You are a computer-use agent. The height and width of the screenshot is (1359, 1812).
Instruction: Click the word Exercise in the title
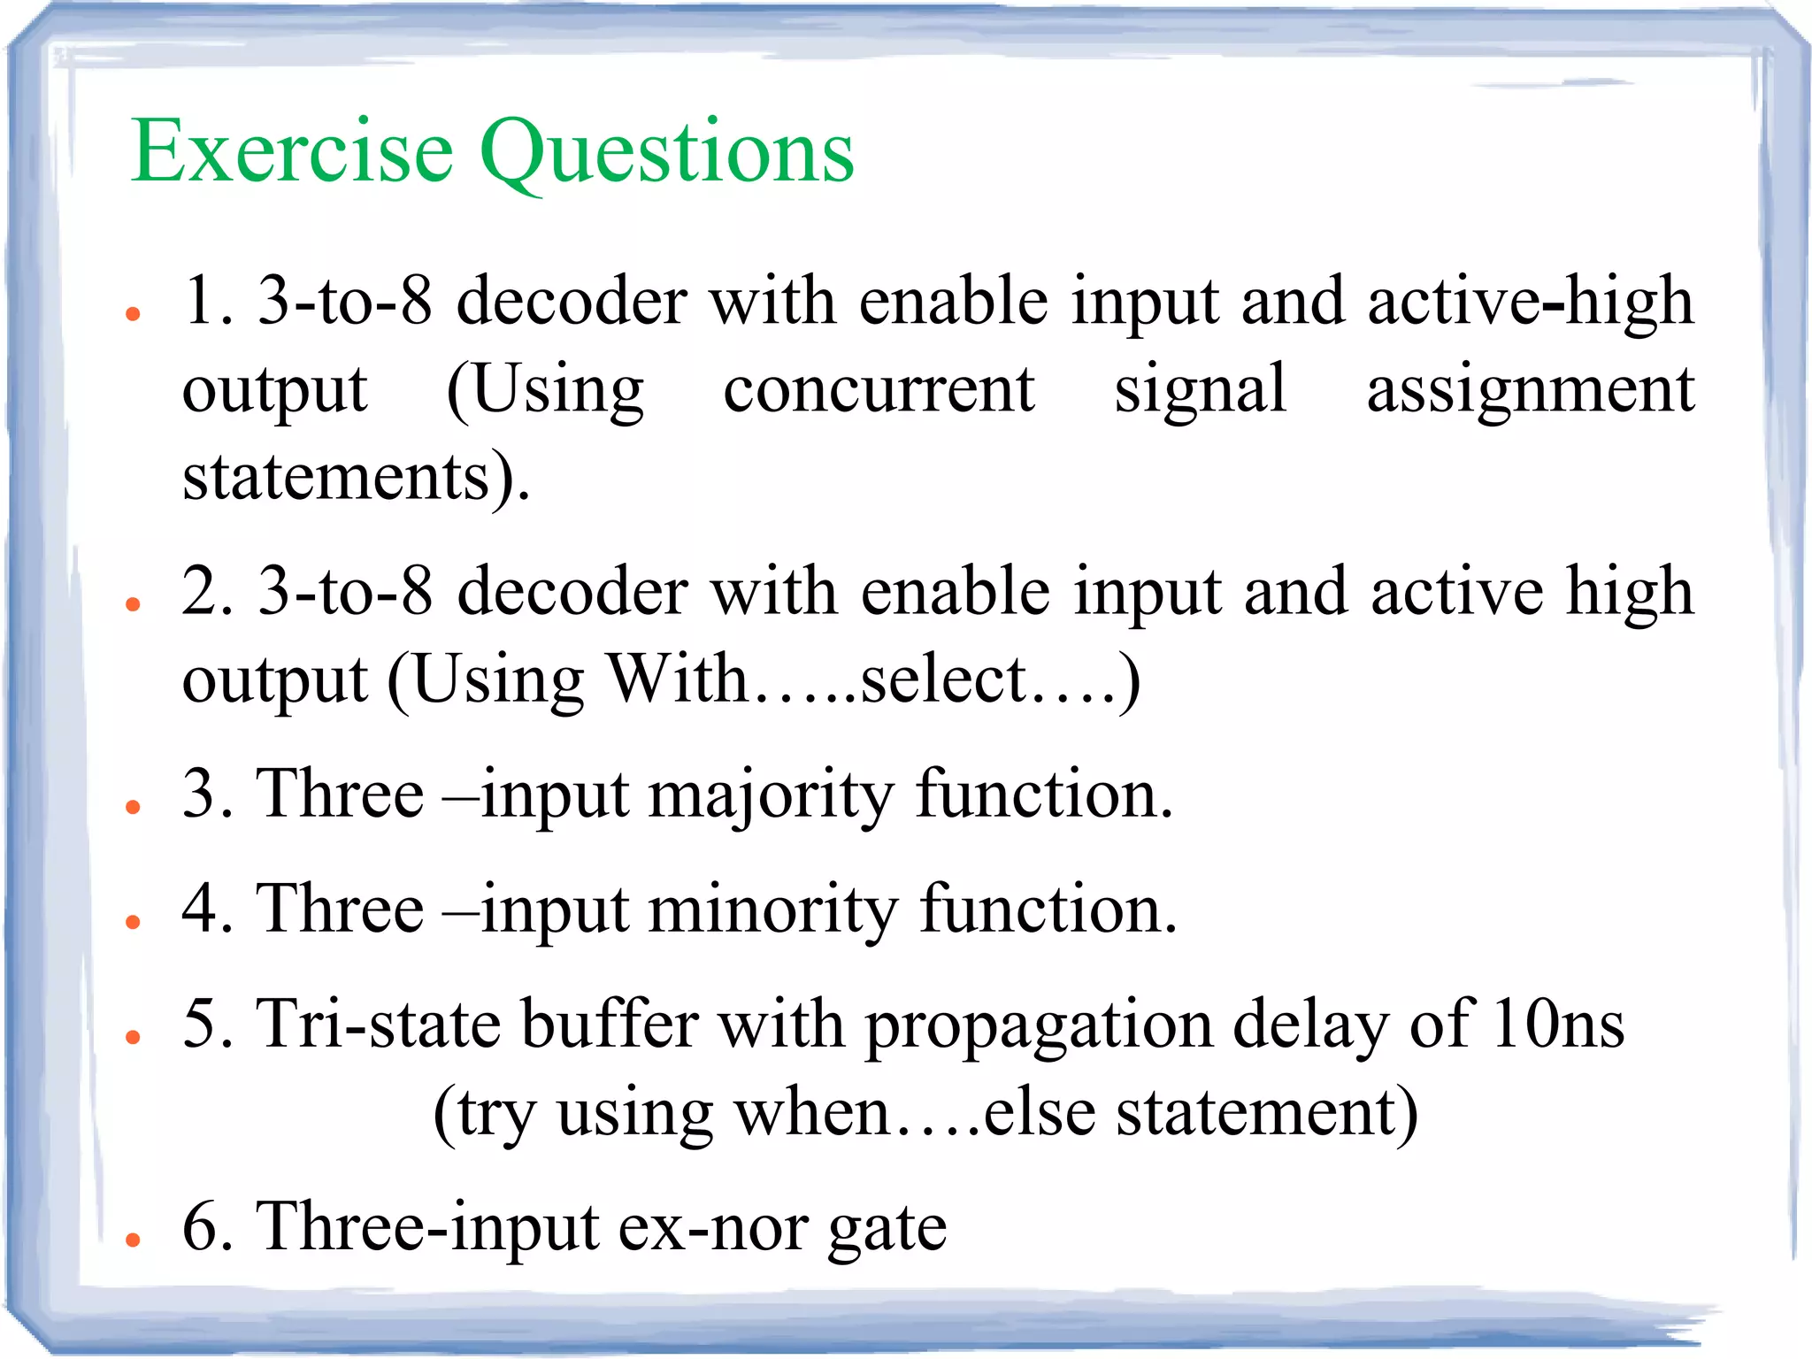tap(292, 152)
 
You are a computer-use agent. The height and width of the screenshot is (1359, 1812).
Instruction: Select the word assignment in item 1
tap(1530, 391)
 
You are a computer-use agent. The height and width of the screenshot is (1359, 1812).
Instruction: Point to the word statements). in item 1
tap(356, 478)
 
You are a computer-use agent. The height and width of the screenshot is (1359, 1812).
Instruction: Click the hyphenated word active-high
tap(1530, 301)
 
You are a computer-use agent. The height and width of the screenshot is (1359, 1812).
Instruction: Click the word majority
tap(771, 795)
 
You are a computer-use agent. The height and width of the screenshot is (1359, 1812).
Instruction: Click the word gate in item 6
tap(887, 1230)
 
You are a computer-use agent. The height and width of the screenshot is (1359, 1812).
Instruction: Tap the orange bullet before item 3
tap(134, 806)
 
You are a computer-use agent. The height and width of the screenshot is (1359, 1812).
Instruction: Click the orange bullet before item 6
tap(134, 1240)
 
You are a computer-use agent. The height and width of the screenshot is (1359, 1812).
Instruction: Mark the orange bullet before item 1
tap(134, 313)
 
